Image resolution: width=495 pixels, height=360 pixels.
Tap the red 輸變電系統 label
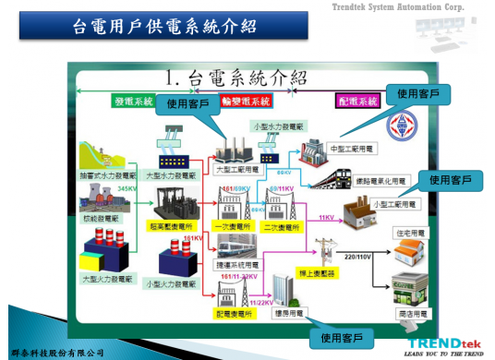point(247,102)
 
